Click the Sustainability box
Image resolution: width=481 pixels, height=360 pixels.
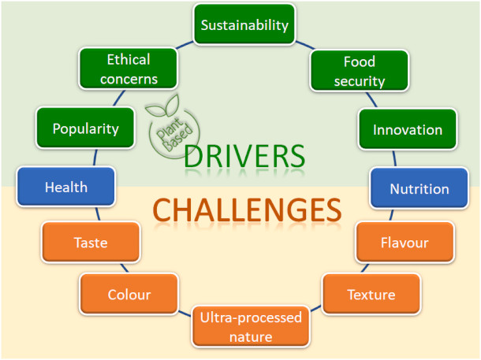244,25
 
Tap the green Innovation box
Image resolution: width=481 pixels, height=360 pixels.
407,129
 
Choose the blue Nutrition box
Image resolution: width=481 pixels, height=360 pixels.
420,189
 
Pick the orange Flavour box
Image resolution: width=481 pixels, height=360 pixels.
404,243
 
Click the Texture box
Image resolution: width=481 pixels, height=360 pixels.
370,295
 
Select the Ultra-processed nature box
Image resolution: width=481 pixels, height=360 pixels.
251,327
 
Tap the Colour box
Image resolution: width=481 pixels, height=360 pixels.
129,295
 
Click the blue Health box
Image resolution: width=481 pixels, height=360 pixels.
66,187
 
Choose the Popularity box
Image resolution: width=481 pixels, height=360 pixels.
85,128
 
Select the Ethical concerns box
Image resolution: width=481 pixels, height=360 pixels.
129,69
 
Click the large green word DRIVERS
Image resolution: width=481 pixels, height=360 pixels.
244,155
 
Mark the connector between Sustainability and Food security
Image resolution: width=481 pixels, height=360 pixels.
304,44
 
